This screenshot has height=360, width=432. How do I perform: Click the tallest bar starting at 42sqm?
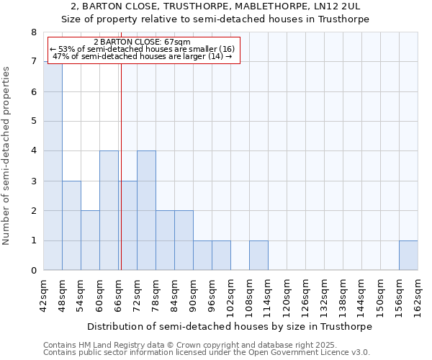tap(53, 166)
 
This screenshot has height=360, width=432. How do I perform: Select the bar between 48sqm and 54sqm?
tap(71, 225)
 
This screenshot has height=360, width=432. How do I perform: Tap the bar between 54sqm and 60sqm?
tap(90, 240)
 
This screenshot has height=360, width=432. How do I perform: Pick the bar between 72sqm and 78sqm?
tap(146, 210)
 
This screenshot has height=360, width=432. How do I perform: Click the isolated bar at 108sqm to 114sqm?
tap(258, 256)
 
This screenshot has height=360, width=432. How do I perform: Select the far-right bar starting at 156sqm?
tap(408, 256)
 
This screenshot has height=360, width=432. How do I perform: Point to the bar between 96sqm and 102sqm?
tap(221, 256)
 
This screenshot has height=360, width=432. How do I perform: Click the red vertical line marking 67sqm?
tap(121, 180)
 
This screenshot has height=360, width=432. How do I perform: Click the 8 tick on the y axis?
tap(33, 32)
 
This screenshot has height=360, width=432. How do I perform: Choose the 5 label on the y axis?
tap(33, 122)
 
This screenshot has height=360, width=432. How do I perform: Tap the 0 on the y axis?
tap(33, 271)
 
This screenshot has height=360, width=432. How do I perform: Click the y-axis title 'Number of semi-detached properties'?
tap(7, 156)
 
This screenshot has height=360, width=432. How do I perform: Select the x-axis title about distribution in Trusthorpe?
tap(230, 326)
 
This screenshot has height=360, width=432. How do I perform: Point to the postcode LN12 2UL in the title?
tap(339, 6)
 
